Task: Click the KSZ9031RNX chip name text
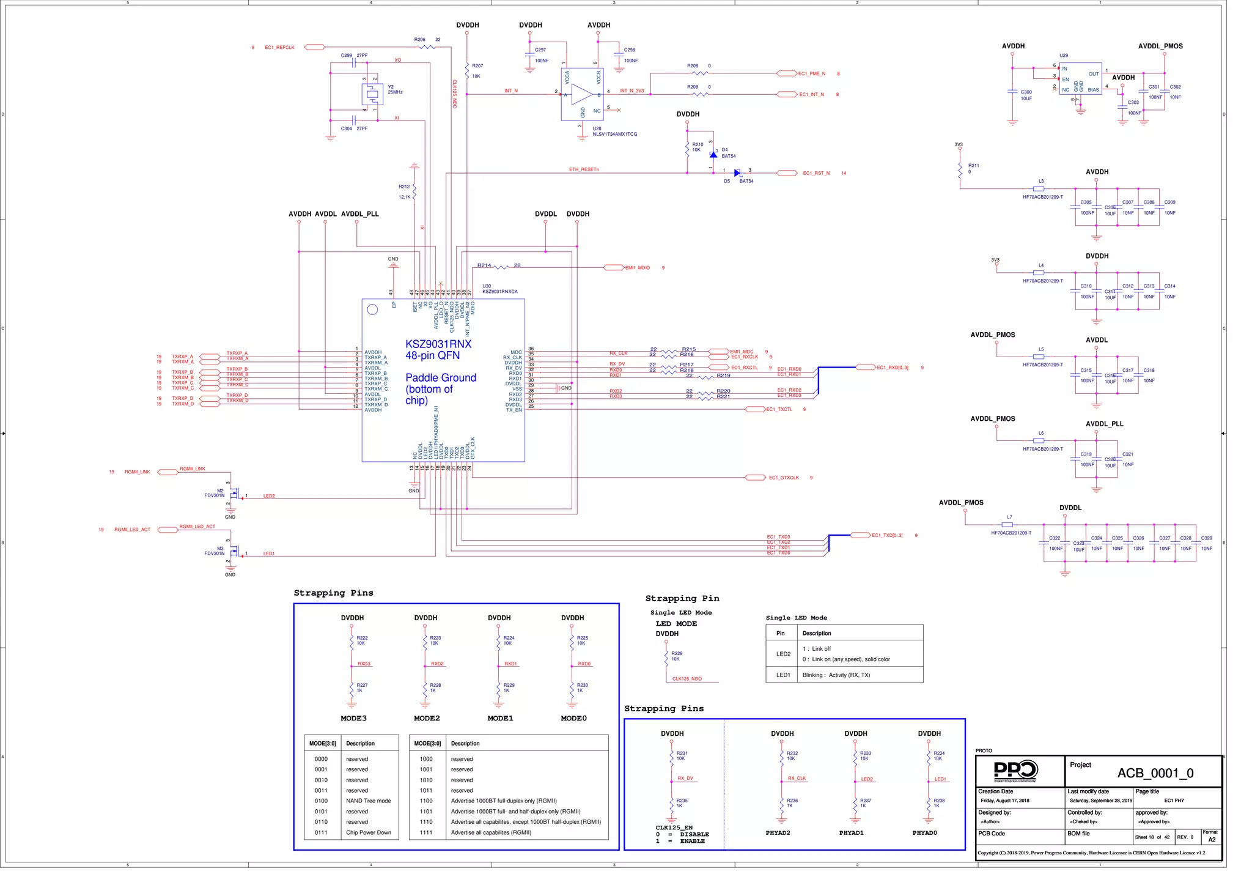pyautogui.click(x=438, y=344)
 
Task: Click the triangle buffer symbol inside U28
pyautogui.click(x=582, y=94)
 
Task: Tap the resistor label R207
pyautogui.click(x=477, y=65)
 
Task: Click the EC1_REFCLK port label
pyautogui.click(x=279, y=47)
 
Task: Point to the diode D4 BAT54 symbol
pyautogui.click(x=713, y=155)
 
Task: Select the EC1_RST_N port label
pyautogui.click(x=816, y=173)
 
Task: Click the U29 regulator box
pyautogui.click(x=1080, y=79)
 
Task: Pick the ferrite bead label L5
pyautogui.click(x=1040, y=349)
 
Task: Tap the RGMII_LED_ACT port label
pyautogui.click(x=132, y=530)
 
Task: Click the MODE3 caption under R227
pyautogui.click(x=353, y=718)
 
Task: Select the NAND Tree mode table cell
pyautogui.click(x=368, y=801)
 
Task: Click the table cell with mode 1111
pyautogui.click(x=426, y=832)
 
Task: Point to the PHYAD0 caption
pyautogui.click(x=924, y=832)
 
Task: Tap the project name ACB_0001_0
pyautogui.click(x=1155, y=773)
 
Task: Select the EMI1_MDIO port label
pyautogui.click(x=637, y=268)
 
